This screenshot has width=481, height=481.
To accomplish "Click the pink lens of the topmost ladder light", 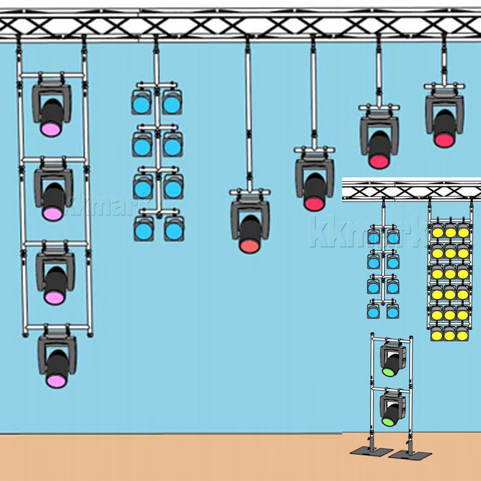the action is point(51,129).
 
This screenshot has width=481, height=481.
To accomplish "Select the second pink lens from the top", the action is point(53,213).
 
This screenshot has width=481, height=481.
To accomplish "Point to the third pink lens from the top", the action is point(55,296).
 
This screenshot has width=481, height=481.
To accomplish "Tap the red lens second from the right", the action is point(379,161).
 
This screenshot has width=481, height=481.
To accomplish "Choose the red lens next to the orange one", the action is point(313,203).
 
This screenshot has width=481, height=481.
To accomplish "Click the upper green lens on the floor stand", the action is point(388,372).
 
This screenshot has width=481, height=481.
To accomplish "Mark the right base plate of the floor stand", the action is point(403,454).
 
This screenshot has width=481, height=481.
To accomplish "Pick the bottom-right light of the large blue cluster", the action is point(174,230).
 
